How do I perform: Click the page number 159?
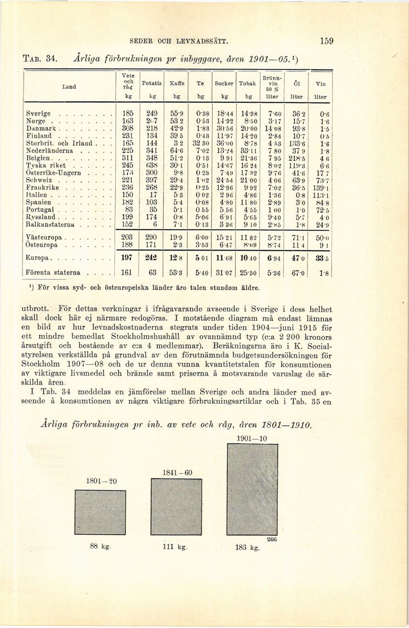coord(327,41)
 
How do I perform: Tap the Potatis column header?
coord(152,83)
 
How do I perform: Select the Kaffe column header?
coord(176,83)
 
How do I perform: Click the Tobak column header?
coord(248,83)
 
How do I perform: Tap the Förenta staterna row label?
coord(53,273)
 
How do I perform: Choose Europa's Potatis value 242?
coord(151,258)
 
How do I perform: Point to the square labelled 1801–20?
coord(100,512)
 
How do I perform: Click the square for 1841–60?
coord(177,507)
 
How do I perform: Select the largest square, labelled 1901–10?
coord(252,490)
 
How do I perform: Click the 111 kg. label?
coord(175,547)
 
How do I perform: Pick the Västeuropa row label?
coord(43,237)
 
